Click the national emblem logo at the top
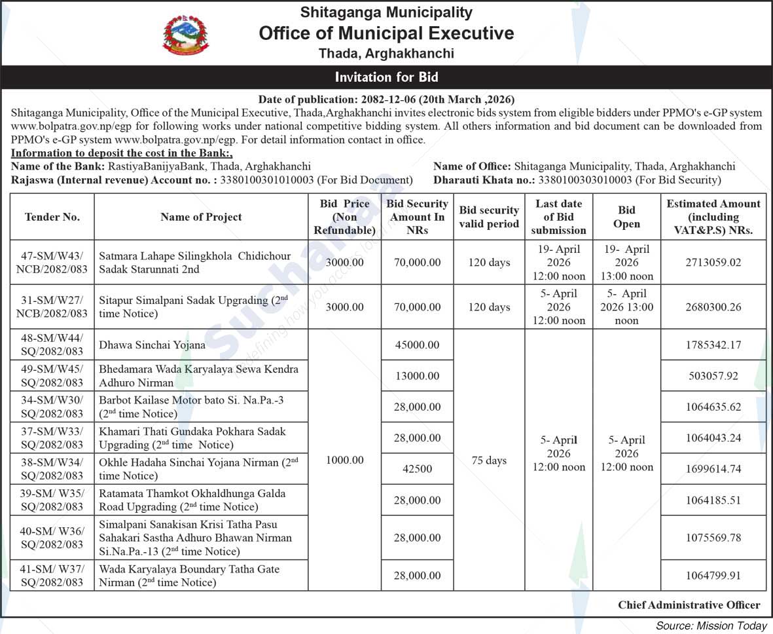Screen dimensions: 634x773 click(x=186, y=35)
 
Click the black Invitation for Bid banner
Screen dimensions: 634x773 click(x=386, y=77)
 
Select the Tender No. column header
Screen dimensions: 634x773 click(x=52, y=217)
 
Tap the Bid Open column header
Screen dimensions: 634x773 click(x=626, y=217)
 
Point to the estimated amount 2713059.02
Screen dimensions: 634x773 click(x=713, y=263)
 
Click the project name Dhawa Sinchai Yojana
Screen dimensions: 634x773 click(x=152, y=345)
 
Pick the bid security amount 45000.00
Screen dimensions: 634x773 click(x=416, y=345)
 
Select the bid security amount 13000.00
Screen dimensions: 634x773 click(x=416, y=376)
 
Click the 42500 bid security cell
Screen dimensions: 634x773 click(x=416, y=469)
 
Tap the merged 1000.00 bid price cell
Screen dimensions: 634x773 click(x=344, y=460)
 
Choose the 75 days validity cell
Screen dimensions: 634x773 click(x=489, y=460)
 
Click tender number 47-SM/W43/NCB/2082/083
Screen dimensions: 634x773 click(x=52, y=263)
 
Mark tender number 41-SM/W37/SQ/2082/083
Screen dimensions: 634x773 click(x=52, y=576)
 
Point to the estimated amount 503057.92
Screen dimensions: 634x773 click(x=713, y=376)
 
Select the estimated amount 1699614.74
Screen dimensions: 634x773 click(x=713, y=469)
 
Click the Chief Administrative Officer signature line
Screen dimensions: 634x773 click(x=689, y=605)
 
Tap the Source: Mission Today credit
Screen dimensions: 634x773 click(x=711, y=625)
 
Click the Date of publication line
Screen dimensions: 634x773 click(x=386, y=100)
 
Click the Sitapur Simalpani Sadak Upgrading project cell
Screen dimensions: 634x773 click(x=200, y=307)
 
